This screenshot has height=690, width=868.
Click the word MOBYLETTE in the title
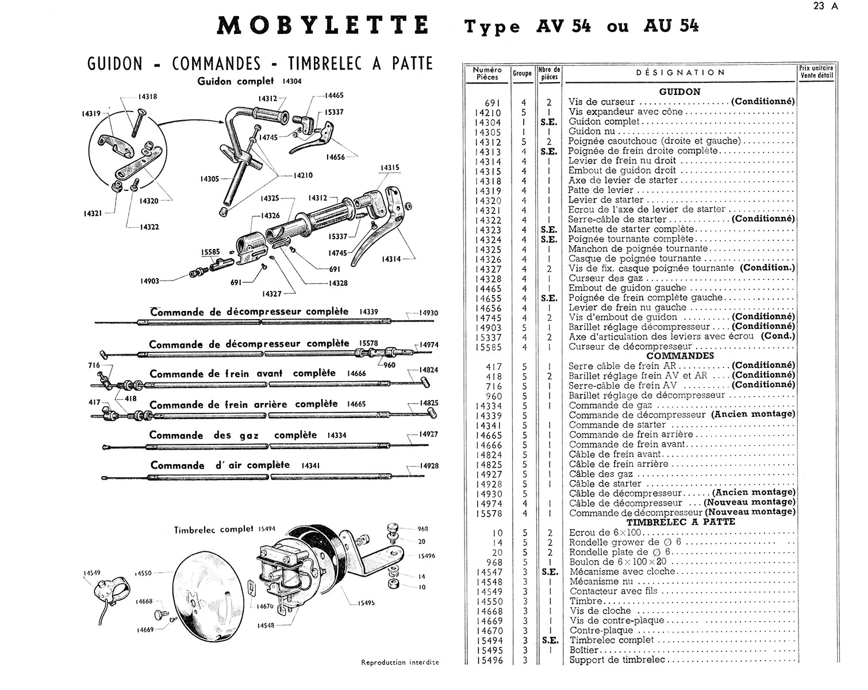coord(323,26)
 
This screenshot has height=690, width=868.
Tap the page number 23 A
coord(827,7)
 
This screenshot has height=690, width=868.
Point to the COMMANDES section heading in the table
coord(681,355)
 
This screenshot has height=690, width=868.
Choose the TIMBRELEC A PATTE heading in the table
coord(681,522)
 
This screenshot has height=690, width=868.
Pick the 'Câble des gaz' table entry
coord(601,474)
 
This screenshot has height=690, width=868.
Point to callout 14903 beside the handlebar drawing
coord(149,281)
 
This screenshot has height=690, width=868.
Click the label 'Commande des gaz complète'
coord(233,435)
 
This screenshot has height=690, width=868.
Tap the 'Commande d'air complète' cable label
coord(220,465)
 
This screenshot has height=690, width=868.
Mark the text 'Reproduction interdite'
coord(400,662)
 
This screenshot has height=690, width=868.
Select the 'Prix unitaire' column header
coord(816,71)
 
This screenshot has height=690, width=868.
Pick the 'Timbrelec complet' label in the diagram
coord(213,530)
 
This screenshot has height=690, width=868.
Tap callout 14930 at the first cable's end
coord(428,313)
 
